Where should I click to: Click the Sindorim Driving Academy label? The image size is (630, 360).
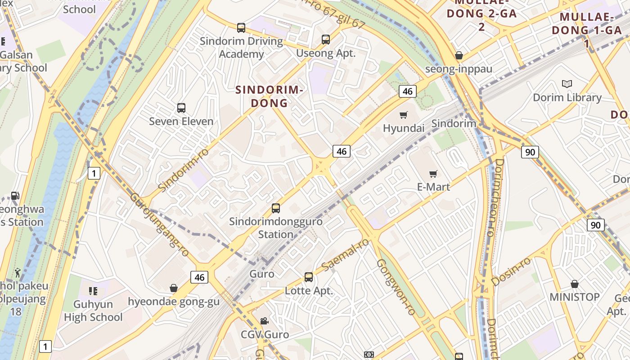[241, 48]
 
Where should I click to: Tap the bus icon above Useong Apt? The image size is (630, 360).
[326, 40]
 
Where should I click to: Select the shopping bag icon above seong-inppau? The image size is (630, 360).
[459, 55]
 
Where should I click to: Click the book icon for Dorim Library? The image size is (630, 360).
[567, 84]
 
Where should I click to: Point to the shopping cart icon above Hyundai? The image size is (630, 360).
[404, 115]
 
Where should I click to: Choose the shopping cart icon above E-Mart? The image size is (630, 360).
[433, 173]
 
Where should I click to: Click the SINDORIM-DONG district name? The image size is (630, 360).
[269, 96]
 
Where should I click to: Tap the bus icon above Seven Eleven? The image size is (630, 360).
[181, 108]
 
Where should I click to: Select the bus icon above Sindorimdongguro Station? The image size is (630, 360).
[276, 208]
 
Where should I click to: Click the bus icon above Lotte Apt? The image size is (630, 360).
[309, 277]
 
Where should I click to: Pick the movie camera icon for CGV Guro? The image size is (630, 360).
[265, 321]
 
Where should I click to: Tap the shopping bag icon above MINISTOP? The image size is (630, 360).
[575, 284]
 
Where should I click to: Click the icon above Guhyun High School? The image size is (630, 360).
[93, 291]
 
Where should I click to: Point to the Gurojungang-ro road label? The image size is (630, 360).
[159, 225]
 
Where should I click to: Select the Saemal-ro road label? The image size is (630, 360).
[345, 255]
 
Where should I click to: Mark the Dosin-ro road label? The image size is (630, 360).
[511, 271]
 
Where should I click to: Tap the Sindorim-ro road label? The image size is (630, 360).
[184, 169]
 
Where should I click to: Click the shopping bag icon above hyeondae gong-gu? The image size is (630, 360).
[174, 288]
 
